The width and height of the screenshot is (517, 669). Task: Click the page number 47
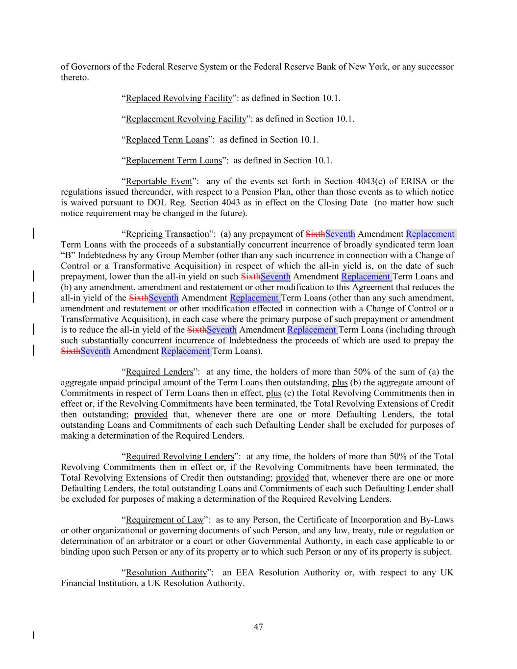pyautogui.click(x=258, y=627)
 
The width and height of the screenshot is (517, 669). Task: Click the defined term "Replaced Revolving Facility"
pyautogui.click(x=179, y=98)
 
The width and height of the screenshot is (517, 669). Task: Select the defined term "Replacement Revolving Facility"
pyautogui.click(x=186, y=119)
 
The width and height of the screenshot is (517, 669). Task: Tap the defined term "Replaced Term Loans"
pyautogui.click(x=167, y=140)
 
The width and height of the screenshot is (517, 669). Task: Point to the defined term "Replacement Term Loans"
pyautogui.click(x=173, y=161)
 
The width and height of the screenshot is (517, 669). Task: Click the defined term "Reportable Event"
pyautogui.click(x=159, y=181)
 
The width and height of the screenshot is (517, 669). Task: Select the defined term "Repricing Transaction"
pyautogui.click(x=167, y=234)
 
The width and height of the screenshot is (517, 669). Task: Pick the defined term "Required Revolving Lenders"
pyautogui.click(x=180, y=457)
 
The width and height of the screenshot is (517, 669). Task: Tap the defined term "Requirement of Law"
pyautogui.click(x=164, y=520)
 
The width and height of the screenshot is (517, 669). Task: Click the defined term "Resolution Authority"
pyautogui.click(x=166, y=572)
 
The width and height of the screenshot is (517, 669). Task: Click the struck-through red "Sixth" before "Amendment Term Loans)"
pyautogui.click(x=71, y=351)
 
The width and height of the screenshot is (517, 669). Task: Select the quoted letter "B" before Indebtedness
pyautogui.click(x=66, y=255)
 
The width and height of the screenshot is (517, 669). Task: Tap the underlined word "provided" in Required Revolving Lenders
pyautogui.click(x=292, y=478)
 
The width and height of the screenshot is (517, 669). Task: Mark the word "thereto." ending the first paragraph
pyautogui.click(x=75, y=77)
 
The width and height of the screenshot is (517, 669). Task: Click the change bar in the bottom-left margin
pyautogui.click(x=33, y=636)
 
